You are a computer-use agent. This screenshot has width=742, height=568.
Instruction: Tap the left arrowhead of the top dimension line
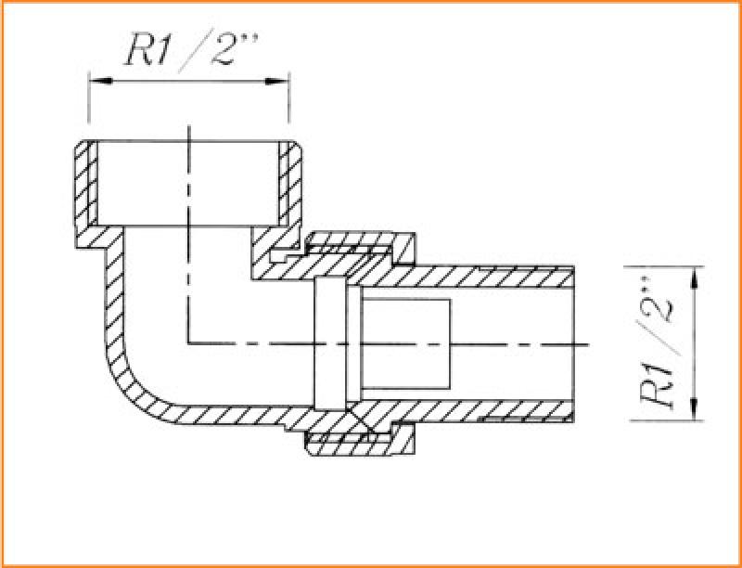(x=101, y=81)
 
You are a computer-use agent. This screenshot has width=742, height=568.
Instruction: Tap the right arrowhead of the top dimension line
(x=276, y=81)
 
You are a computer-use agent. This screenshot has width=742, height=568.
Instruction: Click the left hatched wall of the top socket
(x=86, y=189)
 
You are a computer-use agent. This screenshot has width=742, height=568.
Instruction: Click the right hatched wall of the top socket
(x=289, y=189)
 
